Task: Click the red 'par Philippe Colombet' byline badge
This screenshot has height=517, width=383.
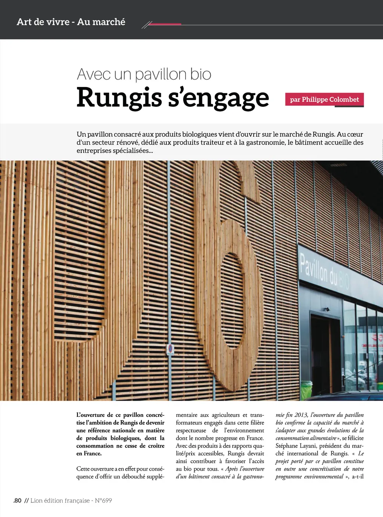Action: point(324,99)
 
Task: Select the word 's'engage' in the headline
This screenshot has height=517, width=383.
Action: point(218,98)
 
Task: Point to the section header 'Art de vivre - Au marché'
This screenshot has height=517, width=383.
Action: point(71,22)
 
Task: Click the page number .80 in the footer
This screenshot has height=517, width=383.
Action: point(17,501)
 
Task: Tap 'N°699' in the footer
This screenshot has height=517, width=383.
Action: point(103,501)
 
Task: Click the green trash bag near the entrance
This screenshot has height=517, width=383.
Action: point(307,388)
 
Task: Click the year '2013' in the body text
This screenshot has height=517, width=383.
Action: point(301,415)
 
